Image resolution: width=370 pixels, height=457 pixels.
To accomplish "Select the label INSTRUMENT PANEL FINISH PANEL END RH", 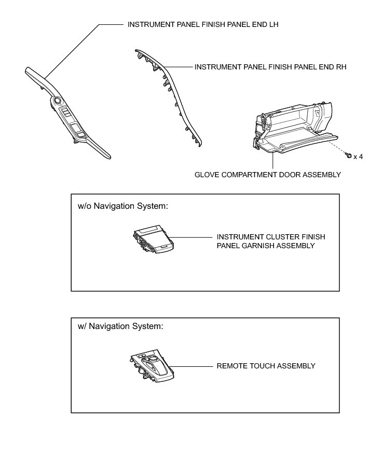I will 270,67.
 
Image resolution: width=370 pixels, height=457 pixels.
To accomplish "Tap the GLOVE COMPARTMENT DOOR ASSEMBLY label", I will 267,175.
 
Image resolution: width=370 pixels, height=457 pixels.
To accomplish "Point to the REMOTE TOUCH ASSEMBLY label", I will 266,366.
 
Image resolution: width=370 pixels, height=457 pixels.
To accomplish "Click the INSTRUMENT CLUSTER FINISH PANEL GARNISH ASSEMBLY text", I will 271,241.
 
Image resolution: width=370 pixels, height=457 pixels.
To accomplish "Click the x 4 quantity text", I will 358,156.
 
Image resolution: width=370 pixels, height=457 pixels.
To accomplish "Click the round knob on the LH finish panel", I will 56,101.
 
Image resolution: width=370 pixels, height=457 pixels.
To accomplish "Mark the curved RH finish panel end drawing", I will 171,96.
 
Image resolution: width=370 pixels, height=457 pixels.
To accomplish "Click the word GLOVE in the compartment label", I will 205,175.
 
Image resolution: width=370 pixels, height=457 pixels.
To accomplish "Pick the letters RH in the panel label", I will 340,67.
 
